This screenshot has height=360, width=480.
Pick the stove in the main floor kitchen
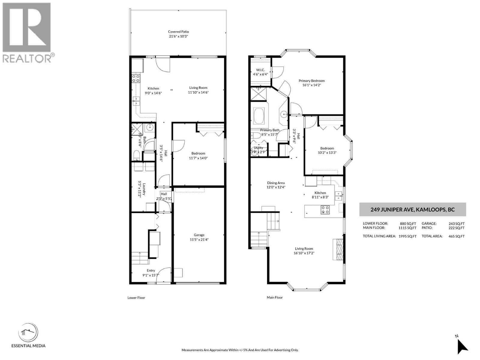[x=325, y=209]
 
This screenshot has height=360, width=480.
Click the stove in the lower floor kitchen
[x=136, y=78]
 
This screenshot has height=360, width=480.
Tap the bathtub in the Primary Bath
[x=259, y=115]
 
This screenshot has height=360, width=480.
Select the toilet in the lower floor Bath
[x=136, y=155]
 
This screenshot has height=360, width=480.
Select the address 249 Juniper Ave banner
[x=412, y=209]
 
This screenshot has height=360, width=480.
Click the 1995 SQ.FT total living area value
[x=407, y=236]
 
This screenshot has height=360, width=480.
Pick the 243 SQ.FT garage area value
[x=458, y=223]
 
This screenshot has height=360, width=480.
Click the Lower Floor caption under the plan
[x=136, y=298]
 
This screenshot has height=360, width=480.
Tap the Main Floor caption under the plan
[x=274, y=298]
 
